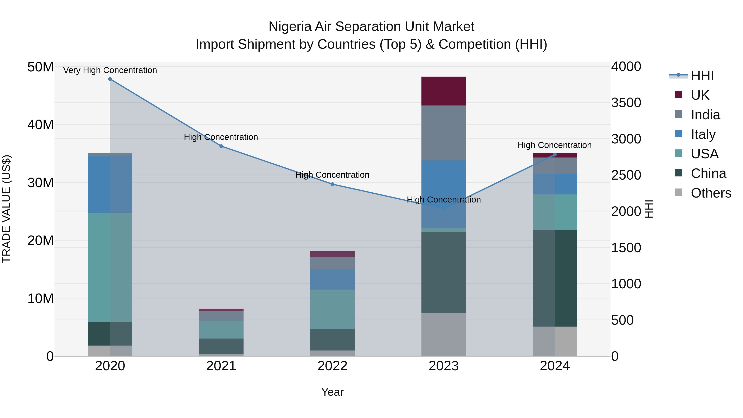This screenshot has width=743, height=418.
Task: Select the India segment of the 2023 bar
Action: pos(444,133)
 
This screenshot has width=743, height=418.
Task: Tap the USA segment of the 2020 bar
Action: pos(110,267)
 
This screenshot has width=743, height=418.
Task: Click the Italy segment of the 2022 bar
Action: pos(332,279)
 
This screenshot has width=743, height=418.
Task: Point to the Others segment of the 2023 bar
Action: pos(444,334)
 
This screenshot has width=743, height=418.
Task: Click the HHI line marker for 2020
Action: pos(110,79)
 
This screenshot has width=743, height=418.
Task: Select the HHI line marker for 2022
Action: pos(332,184)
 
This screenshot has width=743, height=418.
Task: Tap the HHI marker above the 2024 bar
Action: pos(554,155)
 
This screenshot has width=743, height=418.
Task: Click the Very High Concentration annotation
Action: pos(110,70)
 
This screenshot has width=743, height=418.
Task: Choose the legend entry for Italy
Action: pos(703,134)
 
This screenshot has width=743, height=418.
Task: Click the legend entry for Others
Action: pos(711,193)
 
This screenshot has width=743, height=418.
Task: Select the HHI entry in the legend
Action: pos(702,76)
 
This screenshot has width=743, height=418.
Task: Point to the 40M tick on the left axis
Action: pos(40,125)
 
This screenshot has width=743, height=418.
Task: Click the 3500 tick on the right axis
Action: pos(626,103)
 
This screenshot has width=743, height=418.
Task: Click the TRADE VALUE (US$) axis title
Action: pos(6,209)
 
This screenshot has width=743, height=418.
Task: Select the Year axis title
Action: pos(332,392)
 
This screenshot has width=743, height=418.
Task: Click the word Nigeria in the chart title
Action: pos(290,27)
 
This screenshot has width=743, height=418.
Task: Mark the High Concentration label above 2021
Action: pos(221,137)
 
